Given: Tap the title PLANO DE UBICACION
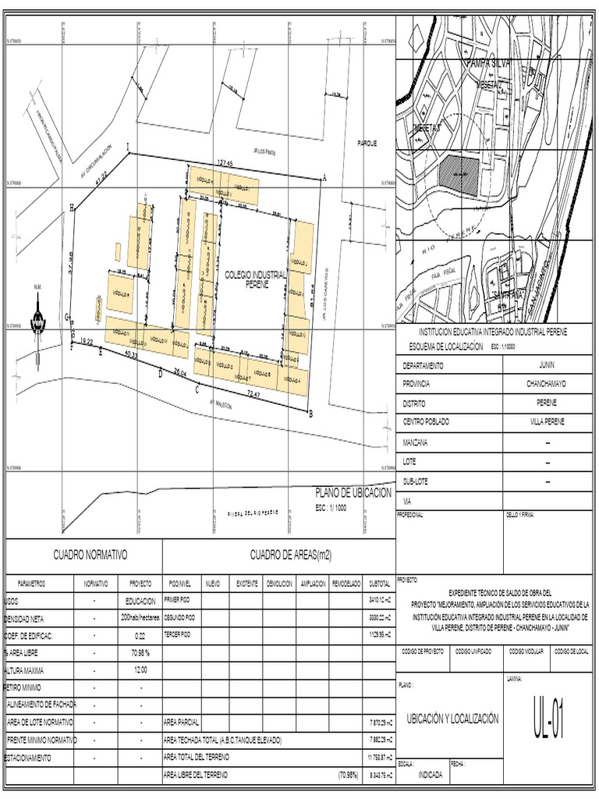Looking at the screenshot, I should (x=353, y=493).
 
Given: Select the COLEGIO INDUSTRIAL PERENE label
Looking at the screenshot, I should (x=255, y=280).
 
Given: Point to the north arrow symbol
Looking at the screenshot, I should (x=38, y=319).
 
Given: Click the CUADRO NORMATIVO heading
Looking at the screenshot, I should (x=90, y=555).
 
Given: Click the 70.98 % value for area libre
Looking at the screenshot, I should (x=140, y=653).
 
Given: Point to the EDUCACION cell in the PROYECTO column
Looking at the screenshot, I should (x=140, y=602).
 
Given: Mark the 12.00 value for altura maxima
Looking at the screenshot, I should (x=140, y=670).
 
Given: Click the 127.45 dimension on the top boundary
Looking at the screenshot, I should (x=225, y=162).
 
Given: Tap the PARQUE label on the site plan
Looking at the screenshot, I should (x=367, y=144).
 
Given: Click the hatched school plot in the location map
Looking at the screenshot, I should (x=458, y=172).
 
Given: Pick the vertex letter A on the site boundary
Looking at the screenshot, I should (x=324, y=178).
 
